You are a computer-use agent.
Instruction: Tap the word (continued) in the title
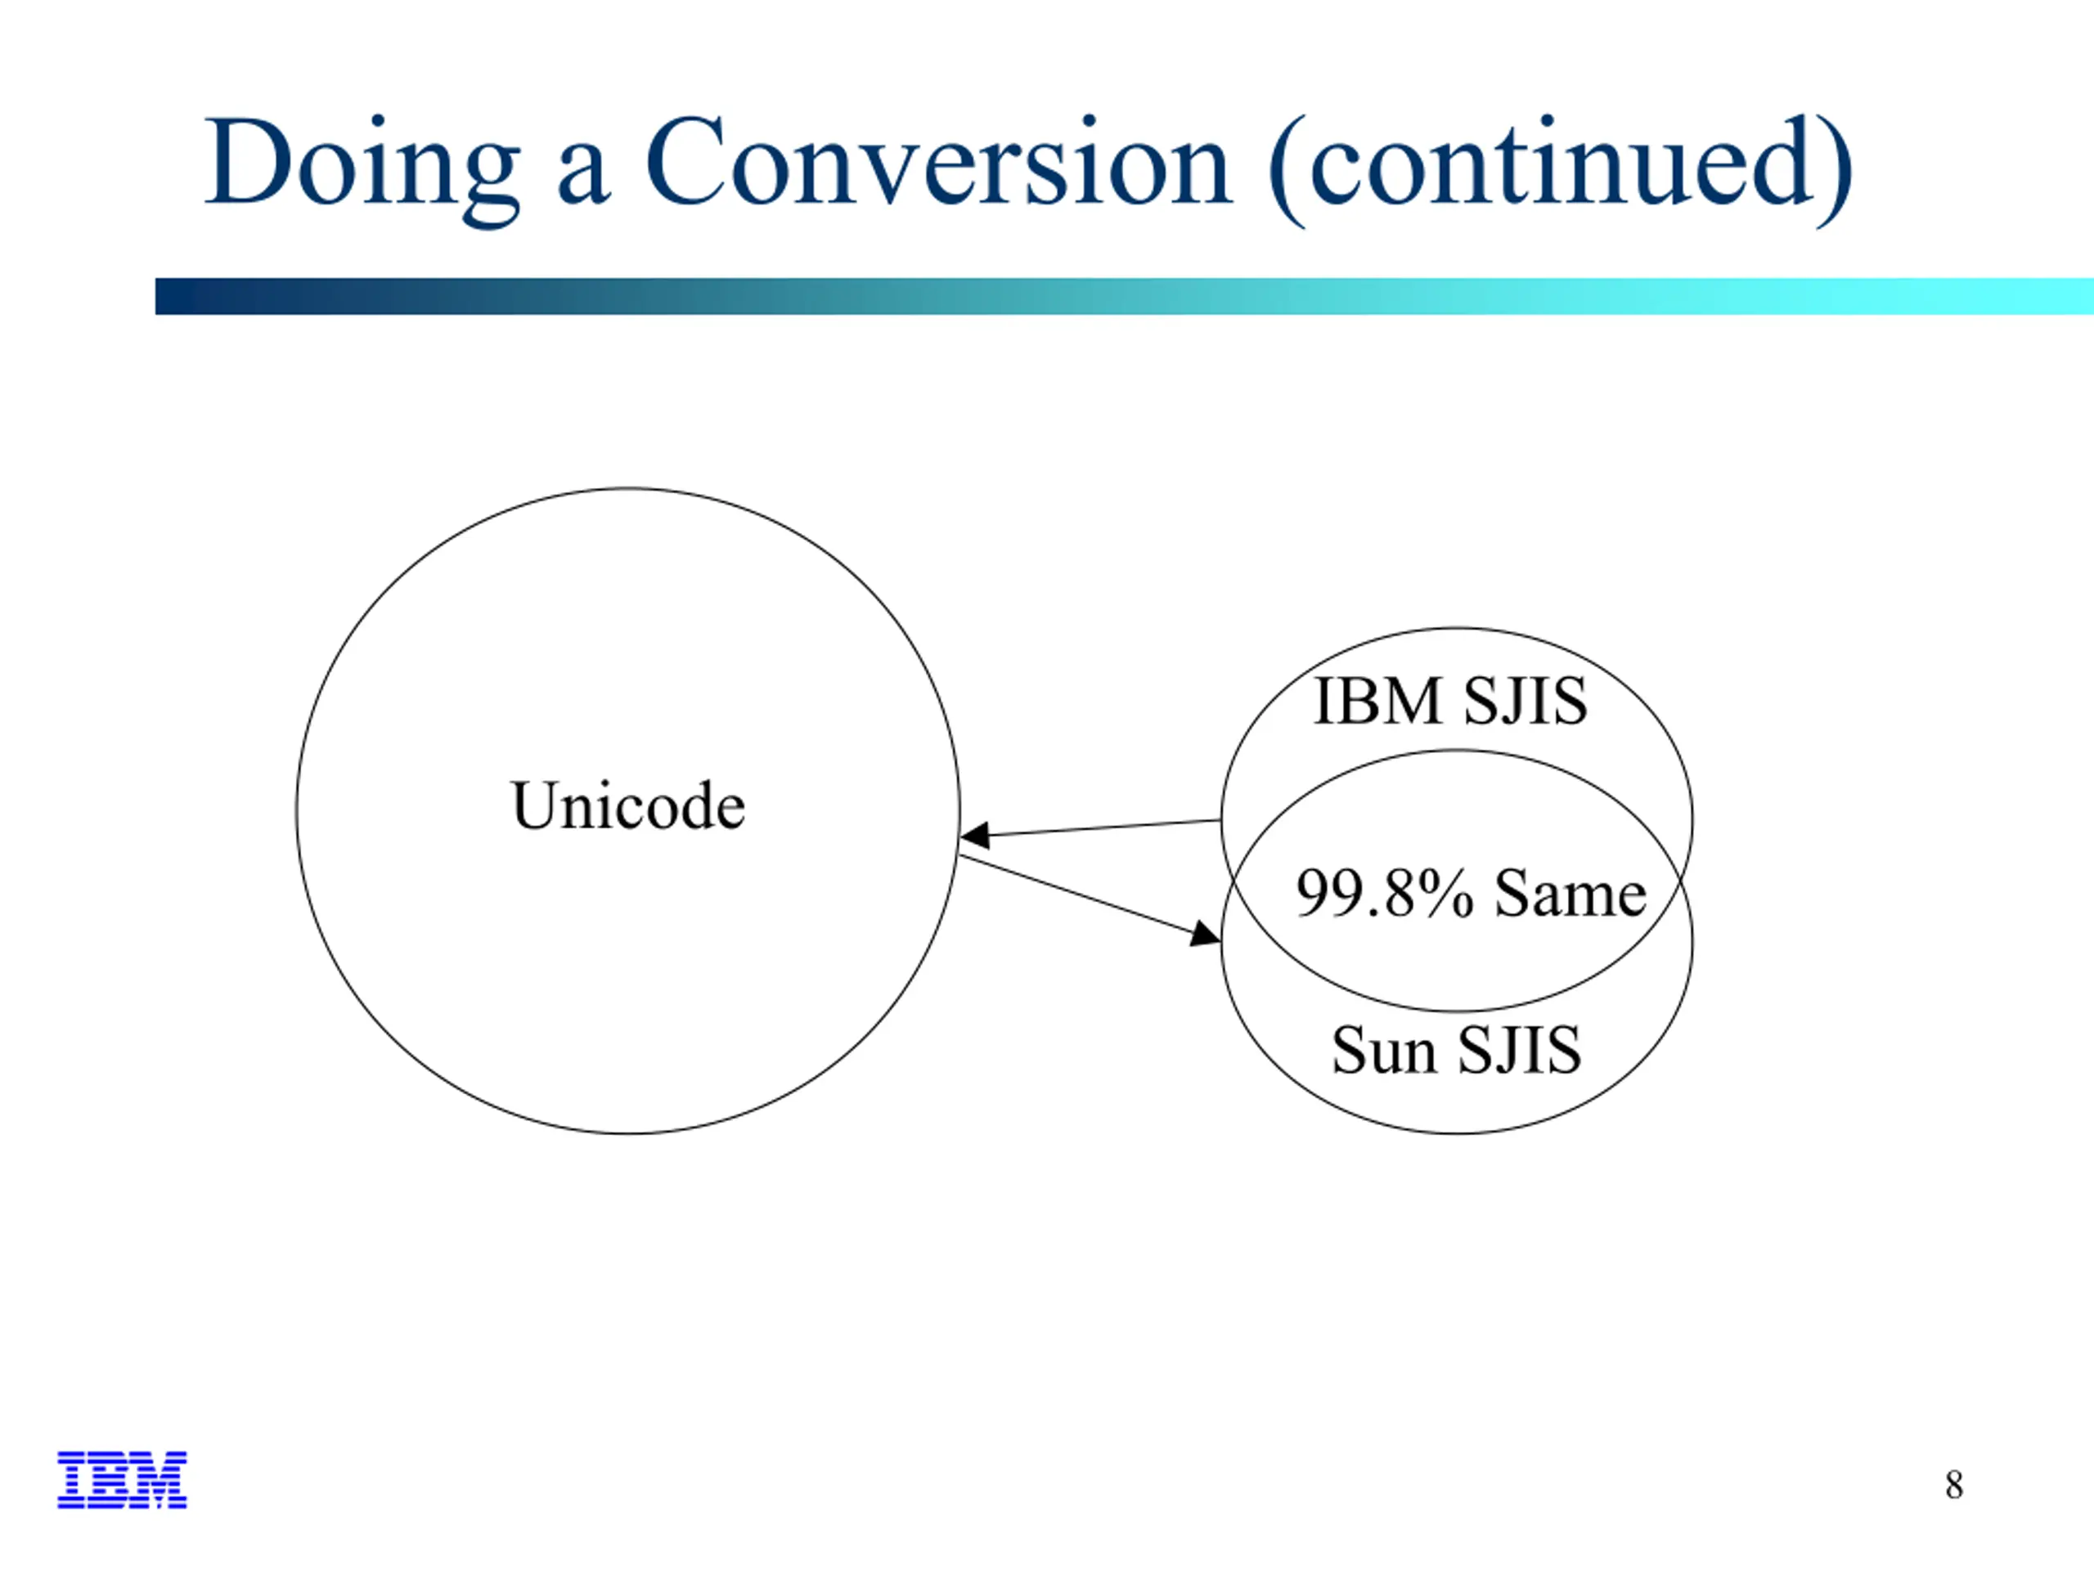coord(1560,170)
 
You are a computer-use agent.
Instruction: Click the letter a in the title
coord(582,174)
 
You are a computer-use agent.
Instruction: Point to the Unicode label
coord(627,805)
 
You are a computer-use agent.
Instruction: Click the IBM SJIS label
coord(1450,702)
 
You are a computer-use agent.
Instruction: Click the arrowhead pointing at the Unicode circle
coord(975,835)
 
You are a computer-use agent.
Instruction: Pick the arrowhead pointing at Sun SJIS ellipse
coord(1205,934)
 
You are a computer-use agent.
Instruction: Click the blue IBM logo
coord(122,1479)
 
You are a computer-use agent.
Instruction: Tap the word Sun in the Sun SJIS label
coord(1384,1051)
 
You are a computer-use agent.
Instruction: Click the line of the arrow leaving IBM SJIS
coord(1090,828)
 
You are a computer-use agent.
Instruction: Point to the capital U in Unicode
coord(534,805)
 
